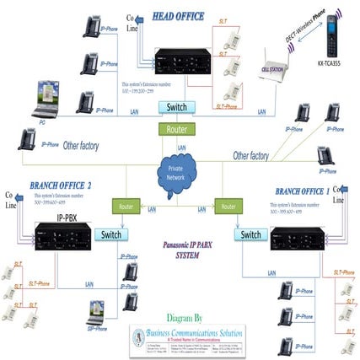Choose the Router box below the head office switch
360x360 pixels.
pos(174,129)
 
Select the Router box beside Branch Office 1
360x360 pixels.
pos(225,205)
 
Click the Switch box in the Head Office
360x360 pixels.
pos(177,107)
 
